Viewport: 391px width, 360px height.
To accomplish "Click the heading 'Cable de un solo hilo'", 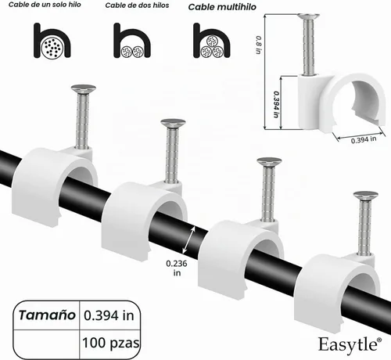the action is point(45,5).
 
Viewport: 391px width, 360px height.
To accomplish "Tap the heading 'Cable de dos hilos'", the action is point(137,5).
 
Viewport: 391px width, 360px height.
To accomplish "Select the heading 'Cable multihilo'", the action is point(222,7).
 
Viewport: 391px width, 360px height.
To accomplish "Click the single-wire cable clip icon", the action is point(52,41).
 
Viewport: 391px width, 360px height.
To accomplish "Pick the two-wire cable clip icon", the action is point(132,41).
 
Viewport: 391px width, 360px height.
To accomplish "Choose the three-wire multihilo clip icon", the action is point(212,41).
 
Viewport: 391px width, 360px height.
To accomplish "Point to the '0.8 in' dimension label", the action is point(258,45).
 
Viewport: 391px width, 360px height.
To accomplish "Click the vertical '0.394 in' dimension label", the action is point(276,104).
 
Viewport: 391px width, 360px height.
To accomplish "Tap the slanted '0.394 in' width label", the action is point(364,139).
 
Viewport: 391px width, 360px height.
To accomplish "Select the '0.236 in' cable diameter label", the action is point(177,268).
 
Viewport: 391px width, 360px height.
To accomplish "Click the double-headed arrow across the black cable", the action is point(189,240).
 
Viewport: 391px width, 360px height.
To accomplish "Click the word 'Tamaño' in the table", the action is point(47,315).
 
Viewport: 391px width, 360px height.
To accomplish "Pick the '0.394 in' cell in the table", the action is point(109,315).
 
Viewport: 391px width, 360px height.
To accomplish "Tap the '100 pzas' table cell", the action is point(111,343).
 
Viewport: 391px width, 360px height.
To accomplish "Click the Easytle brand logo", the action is point(350,344).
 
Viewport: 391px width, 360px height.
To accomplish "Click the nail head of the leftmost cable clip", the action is point(84,88).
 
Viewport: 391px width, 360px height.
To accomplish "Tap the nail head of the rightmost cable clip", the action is point(366,195).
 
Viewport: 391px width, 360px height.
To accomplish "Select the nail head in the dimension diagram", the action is point(309,16).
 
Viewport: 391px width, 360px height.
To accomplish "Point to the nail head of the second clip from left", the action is point(173,123).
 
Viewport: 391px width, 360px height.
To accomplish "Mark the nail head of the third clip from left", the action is point(269,161).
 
